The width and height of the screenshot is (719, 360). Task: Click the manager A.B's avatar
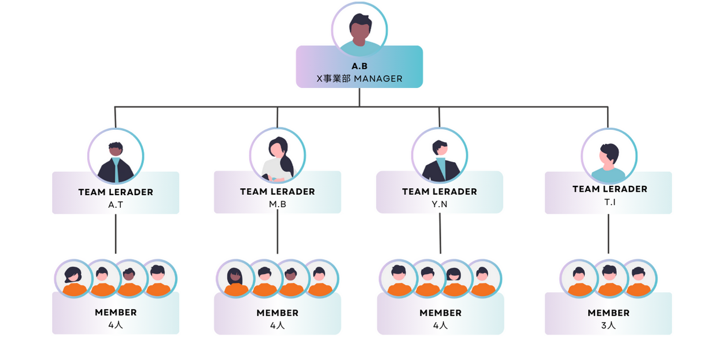tap(359, 30)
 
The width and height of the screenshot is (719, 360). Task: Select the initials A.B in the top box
tap(359, 66)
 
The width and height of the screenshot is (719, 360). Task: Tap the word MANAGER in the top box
tap(378, 78)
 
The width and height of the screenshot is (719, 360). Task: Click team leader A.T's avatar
tap(115, 156)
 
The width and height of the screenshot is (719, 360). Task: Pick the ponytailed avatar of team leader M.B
tap(278, 156)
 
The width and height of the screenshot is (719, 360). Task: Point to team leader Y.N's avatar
tap(439, 156)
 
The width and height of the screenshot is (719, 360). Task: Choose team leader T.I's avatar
tap(609, 156)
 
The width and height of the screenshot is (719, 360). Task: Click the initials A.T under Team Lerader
tap(115, 205)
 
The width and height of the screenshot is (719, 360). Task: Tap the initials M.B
tap(278, 204)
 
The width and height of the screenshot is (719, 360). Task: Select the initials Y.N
tap(439, 204)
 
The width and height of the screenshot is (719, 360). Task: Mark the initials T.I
tap(610, 202)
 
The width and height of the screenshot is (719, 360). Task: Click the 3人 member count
tap(609, 326)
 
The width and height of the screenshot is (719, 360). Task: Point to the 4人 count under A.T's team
tap(115, 325)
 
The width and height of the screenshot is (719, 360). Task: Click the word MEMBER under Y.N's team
tap(440, 313)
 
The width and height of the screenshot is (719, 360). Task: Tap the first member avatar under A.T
tap(74, 279)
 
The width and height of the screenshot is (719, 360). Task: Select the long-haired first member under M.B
tap(236, 279)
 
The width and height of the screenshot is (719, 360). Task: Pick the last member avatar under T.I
tap(638, 279)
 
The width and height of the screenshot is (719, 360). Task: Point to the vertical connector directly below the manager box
tap(359, 97)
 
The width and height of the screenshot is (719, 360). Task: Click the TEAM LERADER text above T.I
tap(610, 189)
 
